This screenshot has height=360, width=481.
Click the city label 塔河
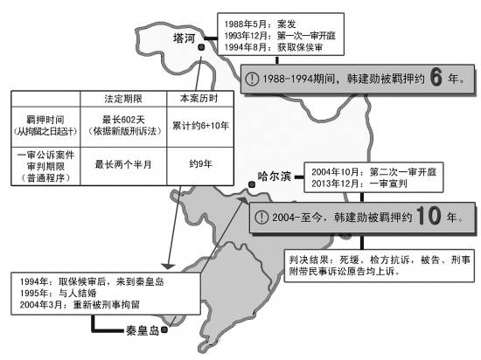pos(184,38)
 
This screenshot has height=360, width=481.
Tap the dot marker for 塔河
pos(201,47)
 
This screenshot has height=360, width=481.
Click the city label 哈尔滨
pos(274,177)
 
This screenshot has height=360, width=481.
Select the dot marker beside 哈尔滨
pos(252,184)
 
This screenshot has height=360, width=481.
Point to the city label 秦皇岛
pos(143,330)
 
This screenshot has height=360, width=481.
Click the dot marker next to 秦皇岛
pos(164,329)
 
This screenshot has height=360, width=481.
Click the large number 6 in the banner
pos(436,77)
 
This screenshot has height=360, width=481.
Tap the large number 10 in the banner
pos(429,216)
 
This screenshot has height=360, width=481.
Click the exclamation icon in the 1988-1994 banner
pos(252,79)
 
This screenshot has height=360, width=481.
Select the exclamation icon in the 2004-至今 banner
pos(261,218)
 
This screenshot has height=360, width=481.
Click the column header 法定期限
pos(123,99)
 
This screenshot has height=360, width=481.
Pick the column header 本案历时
pos(199,99)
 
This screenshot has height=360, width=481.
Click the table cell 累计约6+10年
pos(200,126)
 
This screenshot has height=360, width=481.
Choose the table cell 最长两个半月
pos(123,164)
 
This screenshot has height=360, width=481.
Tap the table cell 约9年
pos(200,164)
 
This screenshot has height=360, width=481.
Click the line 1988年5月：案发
pos(260,24)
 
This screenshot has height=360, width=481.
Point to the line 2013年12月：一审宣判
pos(359,183)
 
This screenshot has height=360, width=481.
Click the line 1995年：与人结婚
pos(59,294)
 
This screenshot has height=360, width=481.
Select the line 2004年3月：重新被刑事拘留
pos(80,305)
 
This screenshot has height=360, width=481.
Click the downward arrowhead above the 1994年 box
pos(168,267)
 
